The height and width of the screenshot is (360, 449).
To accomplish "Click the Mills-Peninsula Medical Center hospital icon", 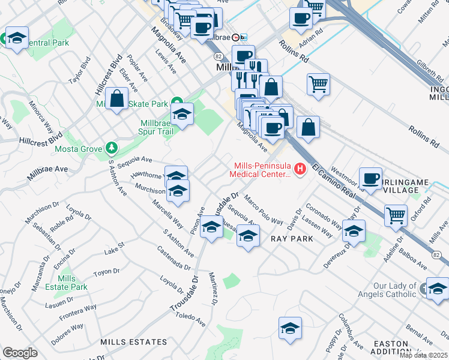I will pyautogui.click(x=298, y=169).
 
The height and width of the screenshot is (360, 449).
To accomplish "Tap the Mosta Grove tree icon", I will pyautogui.click(x=110, y=148).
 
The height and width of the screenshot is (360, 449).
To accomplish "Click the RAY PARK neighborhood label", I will pyautogui.click(x=292, y=239).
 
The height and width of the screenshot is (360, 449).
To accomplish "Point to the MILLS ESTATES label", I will pyautogui.click(x=134, y=342).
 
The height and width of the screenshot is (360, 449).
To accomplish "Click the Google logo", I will pyautogui.click(x=20, y=352).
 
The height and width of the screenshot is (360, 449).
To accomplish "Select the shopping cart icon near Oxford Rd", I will pyautogui.click(x=396, y=215).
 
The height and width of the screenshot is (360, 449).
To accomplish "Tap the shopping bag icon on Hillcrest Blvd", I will pyautogui.click(x=118, y=98).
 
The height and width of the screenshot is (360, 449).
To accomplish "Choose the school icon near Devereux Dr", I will pyautogui.click(x=354, y=230).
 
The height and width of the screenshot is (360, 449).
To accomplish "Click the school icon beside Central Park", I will pyautogui.click(x=17, y=38).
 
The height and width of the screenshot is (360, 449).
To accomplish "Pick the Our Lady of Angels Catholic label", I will pyautogui.click(x=394, y=290).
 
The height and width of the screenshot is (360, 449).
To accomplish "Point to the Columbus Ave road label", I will pyautogui.click(x=351, y=331).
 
